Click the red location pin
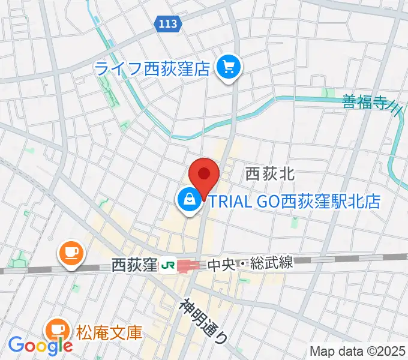click(204, 175)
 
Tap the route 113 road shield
click(169, 24)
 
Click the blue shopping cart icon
click(229, 67)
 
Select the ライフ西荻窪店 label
click(154, 68)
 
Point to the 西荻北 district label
click(269, 175)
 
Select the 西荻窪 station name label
click(134, 264)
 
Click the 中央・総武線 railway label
click(251, 264)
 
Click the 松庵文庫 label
click(109, 331)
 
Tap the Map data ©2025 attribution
click(357, 351)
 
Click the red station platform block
click(189, 265)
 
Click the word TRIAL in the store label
click(231, 202)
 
